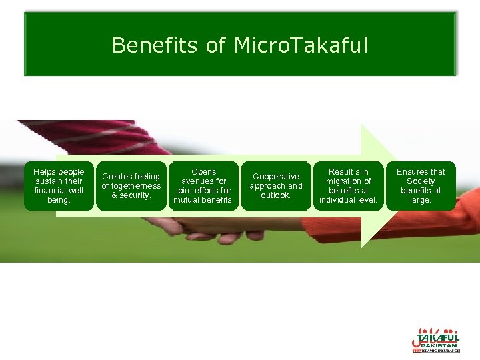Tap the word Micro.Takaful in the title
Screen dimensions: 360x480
[300, 45]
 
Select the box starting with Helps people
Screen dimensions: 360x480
[59, 186]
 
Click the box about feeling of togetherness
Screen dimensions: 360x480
[131, 186]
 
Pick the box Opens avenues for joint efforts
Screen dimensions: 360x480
[203, 186]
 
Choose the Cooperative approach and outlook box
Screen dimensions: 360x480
[275, 186]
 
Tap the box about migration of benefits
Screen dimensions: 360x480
[348, 186]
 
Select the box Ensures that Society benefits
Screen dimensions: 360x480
[421, 186]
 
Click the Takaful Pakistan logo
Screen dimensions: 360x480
[435, 339]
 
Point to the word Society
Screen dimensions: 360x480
[421, 181]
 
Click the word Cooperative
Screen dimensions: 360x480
[275, 177]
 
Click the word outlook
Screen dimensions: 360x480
[275, 195]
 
